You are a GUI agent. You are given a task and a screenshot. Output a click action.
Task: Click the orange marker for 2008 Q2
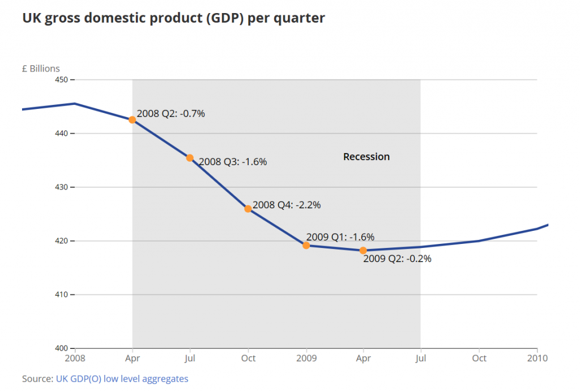point(132,120)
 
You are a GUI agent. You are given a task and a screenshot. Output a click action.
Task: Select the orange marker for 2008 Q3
point(190,158)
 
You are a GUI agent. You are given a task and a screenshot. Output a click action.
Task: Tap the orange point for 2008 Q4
point(248,209)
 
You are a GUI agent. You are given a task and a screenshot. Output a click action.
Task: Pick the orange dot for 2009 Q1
point(306,246)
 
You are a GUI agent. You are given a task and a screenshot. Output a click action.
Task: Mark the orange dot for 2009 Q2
point(363,250)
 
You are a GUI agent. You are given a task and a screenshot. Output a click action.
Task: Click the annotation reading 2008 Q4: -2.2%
point(287,205)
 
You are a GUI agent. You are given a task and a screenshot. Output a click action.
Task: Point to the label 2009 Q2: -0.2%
point(397,259)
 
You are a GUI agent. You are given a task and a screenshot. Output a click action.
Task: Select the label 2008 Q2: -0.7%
point(170,113)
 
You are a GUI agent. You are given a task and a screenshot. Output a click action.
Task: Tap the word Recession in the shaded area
point(366,157)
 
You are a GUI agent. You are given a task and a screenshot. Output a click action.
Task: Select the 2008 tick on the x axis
point(75,358)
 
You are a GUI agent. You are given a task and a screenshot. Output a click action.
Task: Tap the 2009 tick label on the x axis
point(306,358)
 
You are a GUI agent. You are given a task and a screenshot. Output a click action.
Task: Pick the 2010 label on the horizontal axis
point(537,358)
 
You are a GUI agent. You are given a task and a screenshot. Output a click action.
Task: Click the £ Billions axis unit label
point(41,69)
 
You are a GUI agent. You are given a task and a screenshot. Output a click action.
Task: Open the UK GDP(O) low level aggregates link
point(122,378)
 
